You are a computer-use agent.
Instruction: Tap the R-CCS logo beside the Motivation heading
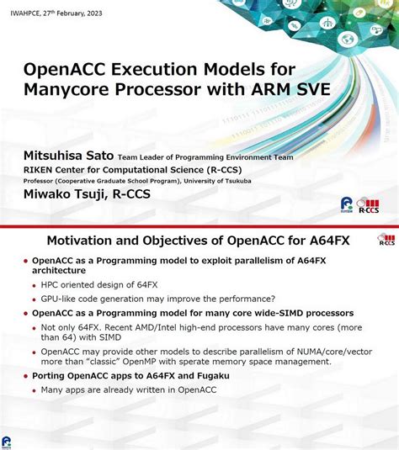[386, 242]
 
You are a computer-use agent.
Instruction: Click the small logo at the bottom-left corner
[8, 442]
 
